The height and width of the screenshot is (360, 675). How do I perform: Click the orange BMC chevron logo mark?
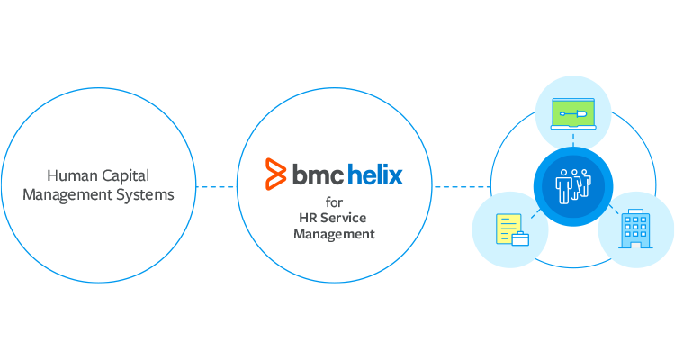click(x=274, y=175)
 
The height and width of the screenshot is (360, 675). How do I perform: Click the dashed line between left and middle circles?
click(x=216, y=187)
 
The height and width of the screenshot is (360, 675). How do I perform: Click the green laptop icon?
click(x=573, y=114)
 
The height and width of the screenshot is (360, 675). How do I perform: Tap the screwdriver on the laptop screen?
click(x=572, y=114)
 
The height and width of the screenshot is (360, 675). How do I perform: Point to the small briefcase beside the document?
click(x=520, y=238)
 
